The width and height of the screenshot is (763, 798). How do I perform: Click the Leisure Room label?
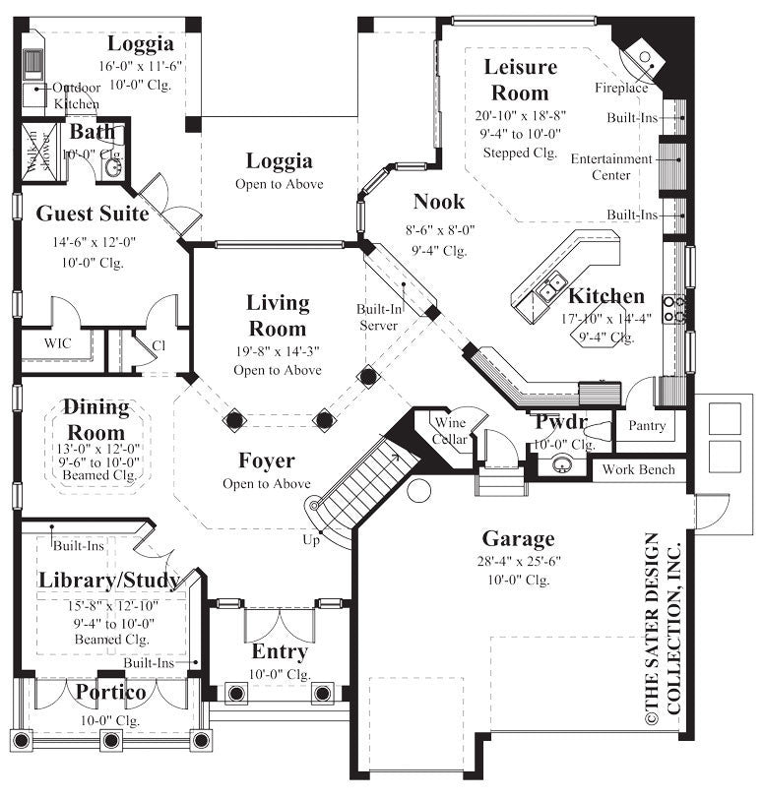click(521, 80)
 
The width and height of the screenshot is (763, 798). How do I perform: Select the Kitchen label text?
click(606, 296)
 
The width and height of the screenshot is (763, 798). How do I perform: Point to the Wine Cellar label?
click(451, 431)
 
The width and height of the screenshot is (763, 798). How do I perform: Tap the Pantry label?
click(646, 426)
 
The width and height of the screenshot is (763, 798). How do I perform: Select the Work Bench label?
click(639, 469)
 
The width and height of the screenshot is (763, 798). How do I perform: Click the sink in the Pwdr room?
click(563, 464)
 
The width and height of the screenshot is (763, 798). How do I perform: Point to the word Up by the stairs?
click(310, 540)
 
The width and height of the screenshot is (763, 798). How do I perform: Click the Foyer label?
click(266, 460)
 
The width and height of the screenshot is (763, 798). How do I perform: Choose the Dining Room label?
click(95, 419)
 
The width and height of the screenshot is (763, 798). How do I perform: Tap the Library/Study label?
click(109, 581)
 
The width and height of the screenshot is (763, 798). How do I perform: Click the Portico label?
click(111, 694)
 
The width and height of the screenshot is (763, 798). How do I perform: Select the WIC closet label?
click(56, 343)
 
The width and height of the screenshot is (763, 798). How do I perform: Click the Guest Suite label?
click(93, 214)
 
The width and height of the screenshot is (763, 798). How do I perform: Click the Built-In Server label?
click(377, 317)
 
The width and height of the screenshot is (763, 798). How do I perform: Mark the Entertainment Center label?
click(610, 166)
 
